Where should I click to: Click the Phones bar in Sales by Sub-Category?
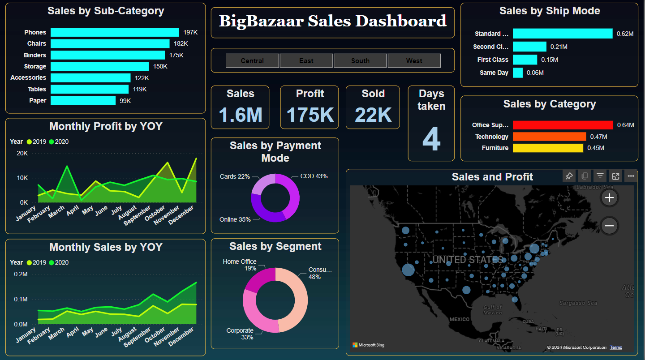[x=115, y=32]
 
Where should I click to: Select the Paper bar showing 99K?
[x=83, y=100]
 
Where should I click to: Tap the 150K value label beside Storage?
[x=160, y=66]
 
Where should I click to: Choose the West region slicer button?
[x=414, y=60]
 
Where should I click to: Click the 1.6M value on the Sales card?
[x=241, y=115]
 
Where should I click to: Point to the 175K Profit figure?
[x=310, y=115]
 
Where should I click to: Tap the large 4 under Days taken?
[x=431, y=139]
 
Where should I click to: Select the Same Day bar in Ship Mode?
[x=518, y=73]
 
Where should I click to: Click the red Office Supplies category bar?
[x=563, y=125]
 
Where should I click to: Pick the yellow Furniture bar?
[x=548, y=148]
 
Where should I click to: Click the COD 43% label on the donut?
[x=314, y=176]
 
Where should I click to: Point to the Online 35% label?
[x=235, y=219]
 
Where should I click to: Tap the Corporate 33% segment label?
[x=240, y=334]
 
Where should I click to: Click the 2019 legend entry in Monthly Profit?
[x=36, y=141]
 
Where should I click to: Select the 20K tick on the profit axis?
[x=22, y=153]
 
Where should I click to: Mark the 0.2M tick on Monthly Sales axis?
[x=21, y=274]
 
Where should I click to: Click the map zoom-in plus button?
[x=609, y=197]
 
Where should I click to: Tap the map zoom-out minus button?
[x=609, y=226]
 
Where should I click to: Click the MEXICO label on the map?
[x=459, y=319]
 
